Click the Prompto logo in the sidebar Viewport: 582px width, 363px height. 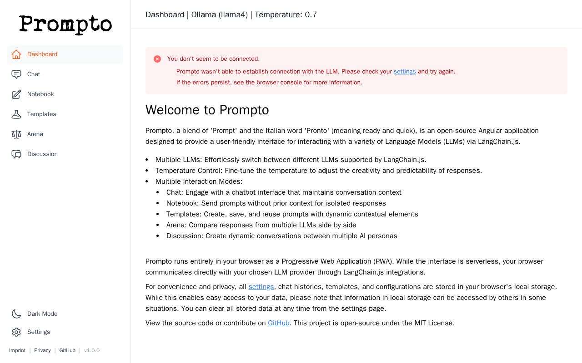pyautogui.click(x=65, y=25)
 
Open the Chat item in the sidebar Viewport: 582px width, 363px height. pyautogui.click(x=34, y=74)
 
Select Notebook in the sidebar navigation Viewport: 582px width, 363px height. pyautogui.click(x=40, y=94)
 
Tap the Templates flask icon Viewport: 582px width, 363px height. pyautogui.click(x=16, y=114)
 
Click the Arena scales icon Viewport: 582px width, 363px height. pyautogui.click(x=16, y=134)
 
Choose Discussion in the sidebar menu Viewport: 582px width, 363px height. pyautogui.click(x=42, y=154)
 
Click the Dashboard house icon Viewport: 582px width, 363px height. pyautogui.click(x=16, y=54)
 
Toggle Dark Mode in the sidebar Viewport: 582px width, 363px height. pyautogui.click(x=42, y=314)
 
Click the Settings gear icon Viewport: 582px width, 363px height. pyautogui.click(x=16, y=332)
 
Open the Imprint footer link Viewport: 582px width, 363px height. pyautogui.click(x=17, y=350)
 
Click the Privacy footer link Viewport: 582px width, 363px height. pyautogui.click(x=42, y=350)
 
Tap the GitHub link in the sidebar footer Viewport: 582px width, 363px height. pyautogui.click(x=67, y=350)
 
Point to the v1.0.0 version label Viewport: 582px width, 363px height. pyautogui.click(x=92, y=350)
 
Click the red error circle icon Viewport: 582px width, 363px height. pyautogui.click(x=157, y=59)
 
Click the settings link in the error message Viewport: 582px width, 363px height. pyautogui.click(x=405, y=72)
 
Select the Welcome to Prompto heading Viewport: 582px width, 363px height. pyautogui.click(x=207, y=110)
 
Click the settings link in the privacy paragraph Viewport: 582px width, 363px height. pyautogui.click(x=261, y=287)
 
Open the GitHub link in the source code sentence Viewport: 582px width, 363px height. pyautogui.click(x=278, y=323)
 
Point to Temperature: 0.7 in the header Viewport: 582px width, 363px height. pyautogui.click(x=286, y=15)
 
